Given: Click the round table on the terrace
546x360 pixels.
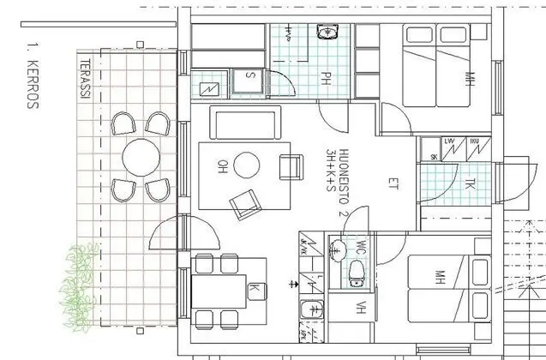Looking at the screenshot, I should point(140,158).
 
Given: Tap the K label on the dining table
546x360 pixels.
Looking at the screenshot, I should point(254,289).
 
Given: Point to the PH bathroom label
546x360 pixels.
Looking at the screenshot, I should point(327,79).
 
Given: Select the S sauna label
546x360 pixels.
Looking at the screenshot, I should point(250,75).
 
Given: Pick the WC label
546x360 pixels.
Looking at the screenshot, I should point(361,249).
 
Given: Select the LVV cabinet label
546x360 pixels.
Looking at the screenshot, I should point(449,141).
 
